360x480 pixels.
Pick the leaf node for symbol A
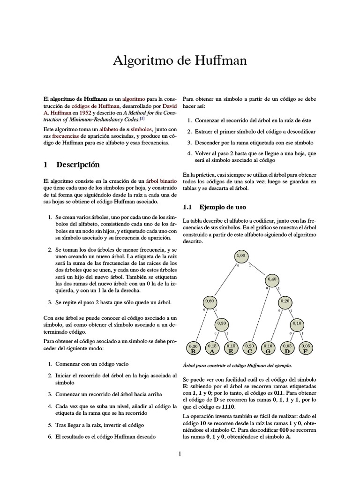[x=212, y=347]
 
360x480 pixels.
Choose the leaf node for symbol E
[x=231, y=347]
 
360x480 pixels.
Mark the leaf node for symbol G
[x=268, y=347]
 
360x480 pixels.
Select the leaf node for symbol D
[x=287, y=347]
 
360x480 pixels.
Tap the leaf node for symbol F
[x=306, y=347]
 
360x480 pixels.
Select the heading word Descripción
[x=78, y=165]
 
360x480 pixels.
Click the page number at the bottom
[x=180, y=453]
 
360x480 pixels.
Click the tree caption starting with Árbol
[x=237, y=365]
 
